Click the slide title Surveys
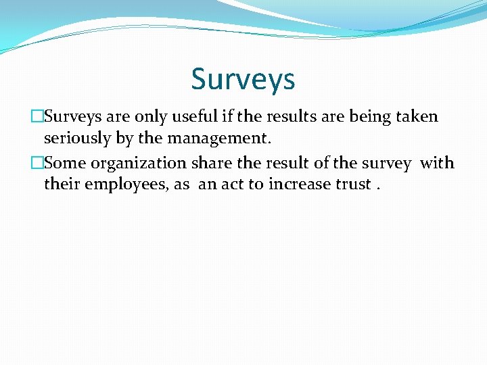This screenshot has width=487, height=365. pyautogui.click(x=243, y=79)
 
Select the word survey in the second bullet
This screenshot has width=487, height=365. pyautogui.click(x=386, y=164)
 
